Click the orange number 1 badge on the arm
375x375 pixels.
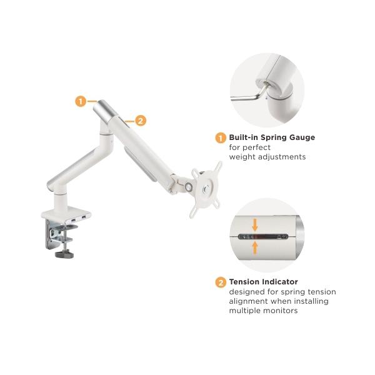[81, 101]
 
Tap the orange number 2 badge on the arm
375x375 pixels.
[141, 121]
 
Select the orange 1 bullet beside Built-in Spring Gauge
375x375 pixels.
[221, 138]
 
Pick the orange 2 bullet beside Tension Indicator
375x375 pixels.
[221, 282]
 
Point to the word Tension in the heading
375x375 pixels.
[244, 282]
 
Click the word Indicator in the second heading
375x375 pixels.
[280, 282]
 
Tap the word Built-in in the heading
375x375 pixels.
[244, 137]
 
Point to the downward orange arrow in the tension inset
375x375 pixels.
[255, 224]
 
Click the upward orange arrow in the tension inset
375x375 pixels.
[255, 247]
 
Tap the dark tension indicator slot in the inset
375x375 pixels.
[263, 237]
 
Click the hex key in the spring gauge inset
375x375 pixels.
[249, 94]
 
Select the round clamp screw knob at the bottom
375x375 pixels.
[64, 254]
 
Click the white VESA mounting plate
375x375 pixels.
[206, 189]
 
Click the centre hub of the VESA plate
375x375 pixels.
[206, 189]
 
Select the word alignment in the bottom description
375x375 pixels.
[249, 301]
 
